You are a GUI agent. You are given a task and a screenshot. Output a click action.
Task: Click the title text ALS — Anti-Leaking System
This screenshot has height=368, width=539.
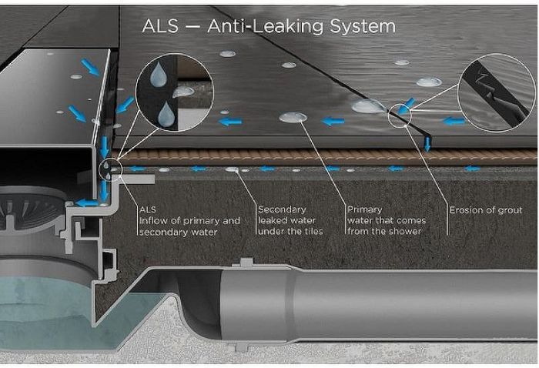point(269,26)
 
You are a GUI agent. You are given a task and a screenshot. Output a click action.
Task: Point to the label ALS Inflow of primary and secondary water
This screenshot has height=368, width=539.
point(189,220)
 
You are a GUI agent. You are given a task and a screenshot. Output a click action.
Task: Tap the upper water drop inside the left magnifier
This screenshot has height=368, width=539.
point(159,75)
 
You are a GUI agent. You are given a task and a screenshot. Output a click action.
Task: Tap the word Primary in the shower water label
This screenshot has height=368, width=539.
point(365,209)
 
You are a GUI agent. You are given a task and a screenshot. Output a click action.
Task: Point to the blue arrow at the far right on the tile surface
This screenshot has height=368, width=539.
point(455,121)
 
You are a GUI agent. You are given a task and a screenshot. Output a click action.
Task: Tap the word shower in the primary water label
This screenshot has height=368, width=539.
point(407,232)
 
